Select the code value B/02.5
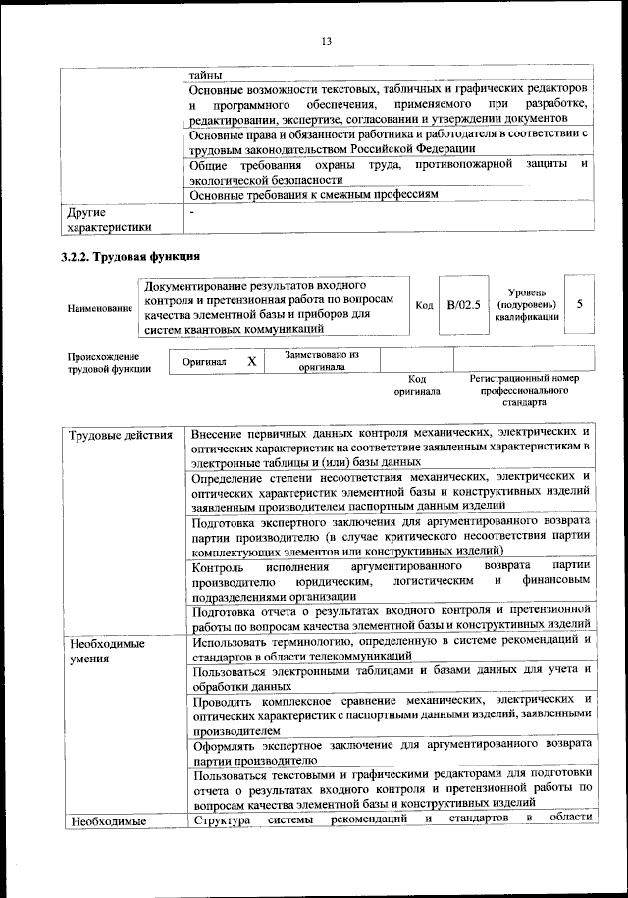click(x=463, y=305)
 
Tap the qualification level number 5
click(x=580, y=304)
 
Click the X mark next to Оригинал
click(x=251, y=361)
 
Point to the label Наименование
click(x=99, y=308)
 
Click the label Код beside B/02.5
click(x=424, y=306)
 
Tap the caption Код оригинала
click(x=416, y=385)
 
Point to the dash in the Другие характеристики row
click(x=193, y=212)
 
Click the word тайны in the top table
click(x=206, y=75)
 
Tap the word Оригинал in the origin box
click(x=204, y=361)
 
